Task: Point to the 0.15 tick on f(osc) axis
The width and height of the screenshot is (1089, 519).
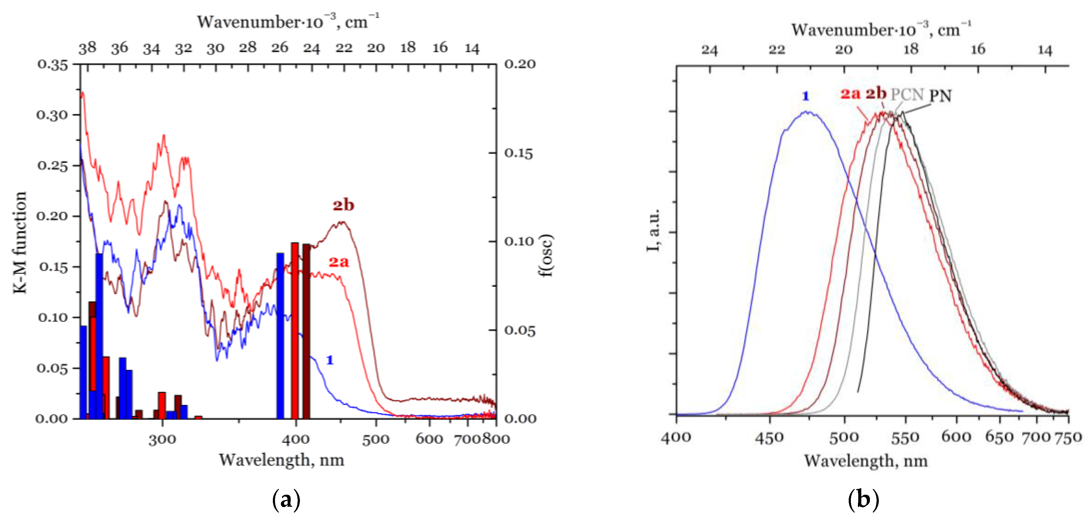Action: pos(518,153)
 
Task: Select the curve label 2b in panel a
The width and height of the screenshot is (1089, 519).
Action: pos(343,205)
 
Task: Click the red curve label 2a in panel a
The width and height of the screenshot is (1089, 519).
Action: pos(339,262)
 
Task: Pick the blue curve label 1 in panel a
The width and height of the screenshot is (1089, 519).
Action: pos(330,360)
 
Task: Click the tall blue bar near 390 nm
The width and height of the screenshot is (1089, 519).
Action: pos(280,336)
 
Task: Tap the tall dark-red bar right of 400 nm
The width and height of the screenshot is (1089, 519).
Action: pos(306,331)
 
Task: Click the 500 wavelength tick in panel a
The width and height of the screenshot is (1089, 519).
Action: pos(375,439)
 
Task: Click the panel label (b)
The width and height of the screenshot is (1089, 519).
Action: pos(863,500)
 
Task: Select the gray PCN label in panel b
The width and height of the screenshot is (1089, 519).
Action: pos(907,95)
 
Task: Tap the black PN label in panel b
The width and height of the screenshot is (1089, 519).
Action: pos(940,96)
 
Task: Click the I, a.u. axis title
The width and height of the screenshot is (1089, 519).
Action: pos(653,230)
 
